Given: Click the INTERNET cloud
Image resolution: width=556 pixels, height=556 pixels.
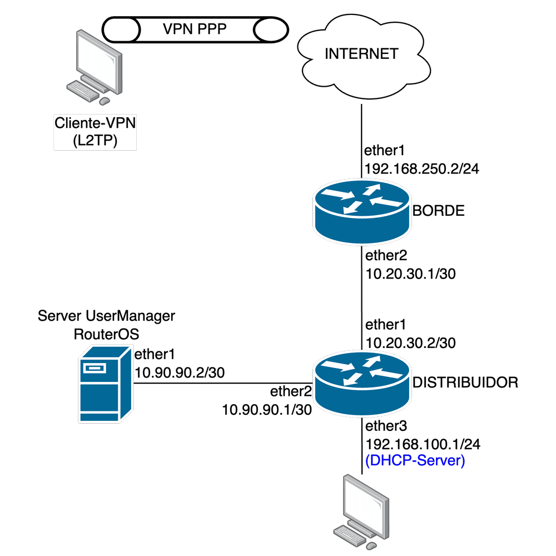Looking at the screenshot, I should [361, 54].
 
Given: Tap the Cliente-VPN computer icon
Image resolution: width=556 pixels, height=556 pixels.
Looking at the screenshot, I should [95, 67].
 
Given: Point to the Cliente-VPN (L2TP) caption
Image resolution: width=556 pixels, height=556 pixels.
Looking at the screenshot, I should [95, 132].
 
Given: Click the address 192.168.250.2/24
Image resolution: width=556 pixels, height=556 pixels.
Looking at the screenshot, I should [421, 169].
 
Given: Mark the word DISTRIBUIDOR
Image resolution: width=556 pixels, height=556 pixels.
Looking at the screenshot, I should [465, 382].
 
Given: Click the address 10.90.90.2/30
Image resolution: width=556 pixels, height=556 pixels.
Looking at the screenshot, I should [180, 373].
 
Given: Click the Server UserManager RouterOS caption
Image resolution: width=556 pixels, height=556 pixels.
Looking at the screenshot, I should [106, 325].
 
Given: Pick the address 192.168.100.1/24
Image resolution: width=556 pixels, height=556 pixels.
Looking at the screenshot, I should [423, 444].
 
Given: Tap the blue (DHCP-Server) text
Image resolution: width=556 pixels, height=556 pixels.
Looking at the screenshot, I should [414, 460].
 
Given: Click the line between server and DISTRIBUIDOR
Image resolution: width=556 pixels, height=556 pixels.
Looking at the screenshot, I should [222, 382].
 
